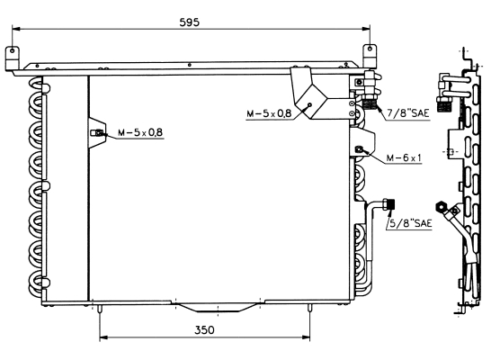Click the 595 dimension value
[x=189, y=22]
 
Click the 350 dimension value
[x=204, y=330]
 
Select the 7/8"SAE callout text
[x=408, y=113]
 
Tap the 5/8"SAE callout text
[x=410, y=223]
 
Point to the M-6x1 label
[x=404, y=157]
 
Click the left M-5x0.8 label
[x=140, y=132]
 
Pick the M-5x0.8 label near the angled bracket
[x=269, y=113]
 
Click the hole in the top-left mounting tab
[x=12, y=50]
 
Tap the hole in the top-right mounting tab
[x=370, y=49]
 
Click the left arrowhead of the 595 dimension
[x=16, y=29]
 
